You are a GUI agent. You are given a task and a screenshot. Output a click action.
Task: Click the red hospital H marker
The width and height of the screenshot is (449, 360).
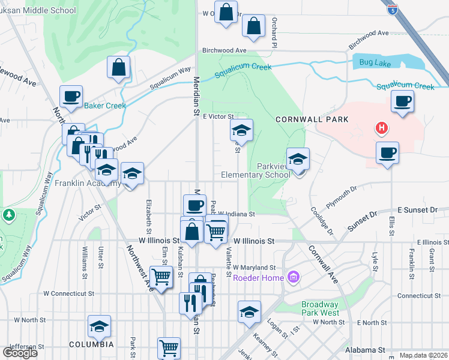pos(381,128)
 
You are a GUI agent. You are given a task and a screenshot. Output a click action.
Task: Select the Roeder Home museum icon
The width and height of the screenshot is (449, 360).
pos(294,277)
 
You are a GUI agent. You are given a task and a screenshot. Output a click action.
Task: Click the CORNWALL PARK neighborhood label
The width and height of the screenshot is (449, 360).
pos(312,119)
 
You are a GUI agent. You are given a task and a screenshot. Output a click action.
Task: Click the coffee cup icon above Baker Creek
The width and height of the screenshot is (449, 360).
pos(71,97)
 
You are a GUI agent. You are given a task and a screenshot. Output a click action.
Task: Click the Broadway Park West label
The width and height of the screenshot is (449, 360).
pos(320,308)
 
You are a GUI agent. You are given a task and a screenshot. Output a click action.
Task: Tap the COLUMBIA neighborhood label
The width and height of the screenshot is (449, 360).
pos(91,344)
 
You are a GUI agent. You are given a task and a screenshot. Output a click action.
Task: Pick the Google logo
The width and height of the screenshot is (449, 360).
pos(20,352)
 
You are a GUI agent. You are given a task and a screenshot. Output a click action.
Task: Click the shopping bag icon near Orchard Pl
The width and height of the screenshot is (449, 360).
pos(253,27)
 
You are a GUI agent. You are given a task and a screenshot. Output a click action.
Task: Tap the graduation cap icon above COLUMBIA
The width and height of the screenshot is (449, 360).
pos(99,326)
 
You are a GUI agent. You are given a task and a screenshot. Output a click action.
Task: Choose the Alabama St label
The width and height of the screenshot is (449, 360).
pos(365,349)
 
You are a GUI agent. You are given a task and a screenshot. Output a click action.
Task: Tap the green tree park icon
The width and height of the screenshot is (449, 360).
pos(8,214)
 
